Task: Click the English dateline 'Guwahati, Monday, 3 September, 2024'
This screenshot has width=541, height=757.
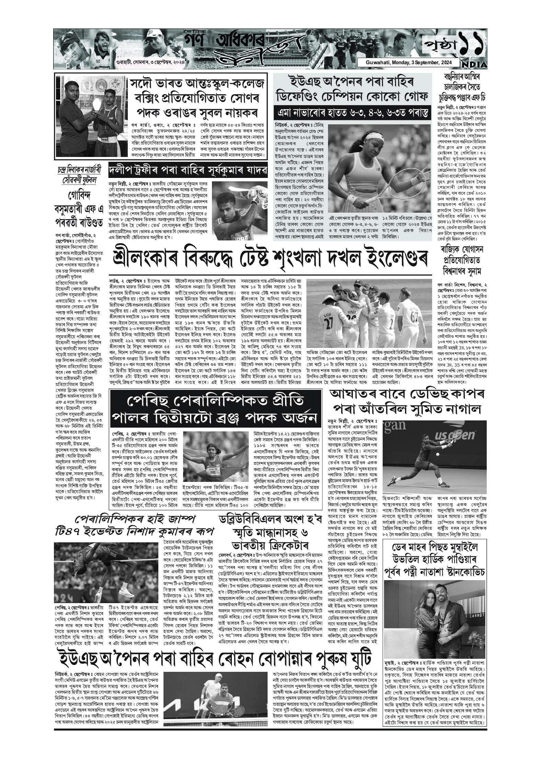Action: coord(408,63)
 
